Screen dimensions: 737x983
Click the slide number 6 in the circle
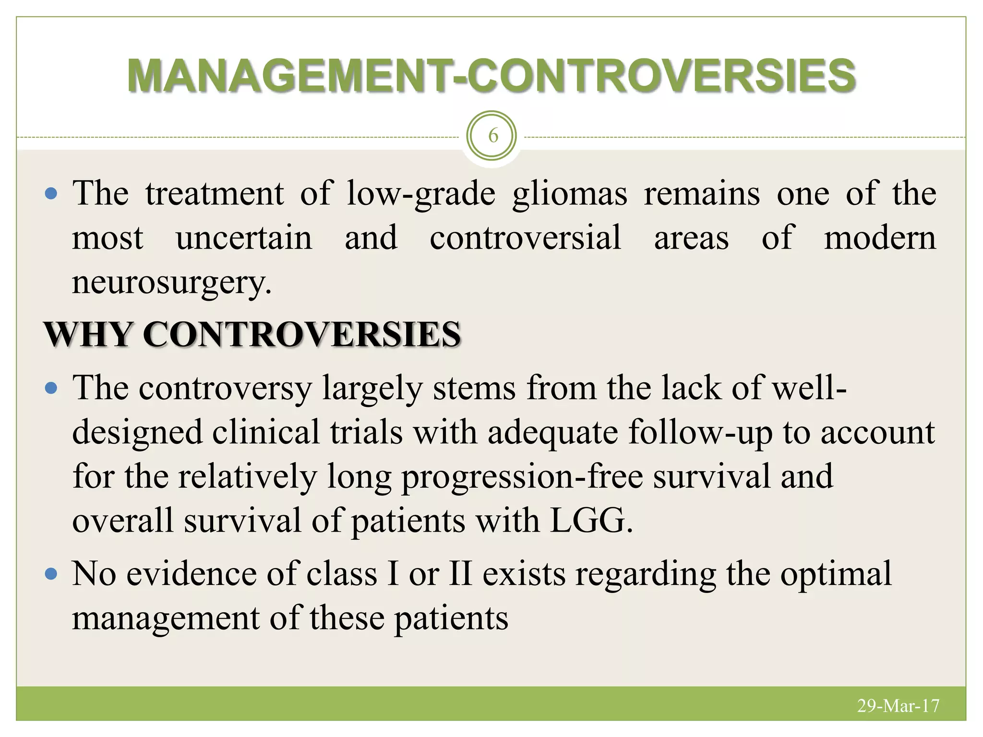coord(492,136)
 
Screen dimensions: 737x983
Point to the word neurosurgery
coord(171,283)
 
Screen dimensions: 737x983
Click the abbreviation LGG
coord(590,521)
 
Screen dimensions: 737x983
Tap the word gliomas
coord(569,194)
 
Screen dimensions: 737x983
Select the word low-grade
coord(421,194)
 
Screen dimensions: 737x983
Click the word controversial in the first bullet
coord(525,238)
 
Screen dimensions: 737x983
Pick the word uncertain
coord(244,238)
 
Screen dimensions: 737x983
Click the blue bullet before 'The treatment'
coord(50,194)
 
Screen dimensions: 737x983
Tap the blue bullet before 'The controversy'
coord(50,388)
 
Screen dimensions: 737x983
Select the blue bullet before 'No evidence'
coord(50,574)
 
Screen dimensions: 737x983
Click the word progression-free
coord(522,477)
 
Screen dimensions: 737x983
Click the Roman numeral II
coord(460,574)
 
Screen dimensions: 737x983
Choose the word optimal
coord(836,574)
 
